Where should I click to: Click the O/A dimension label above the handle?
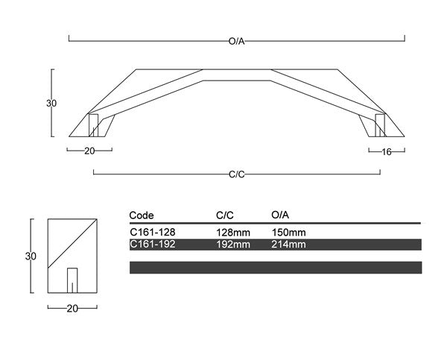pos(237,41)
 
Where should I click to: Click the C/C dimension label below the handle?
pos(237,174)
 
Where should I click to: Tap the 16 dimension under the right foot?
pos(386,152)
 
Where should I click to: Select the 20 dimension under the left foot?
pos(89,151)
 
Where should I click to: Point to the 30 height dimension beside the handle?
pos(51,103)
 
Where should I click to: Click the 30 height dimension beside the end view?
pos(31,256)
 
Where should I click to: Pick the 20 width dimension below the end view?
pos(72,309)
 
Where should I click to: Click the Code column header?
pos(142,215)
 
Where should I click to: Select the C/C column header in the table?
pos(225,215)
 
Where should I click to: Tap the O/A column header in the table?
pos(280,215)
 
